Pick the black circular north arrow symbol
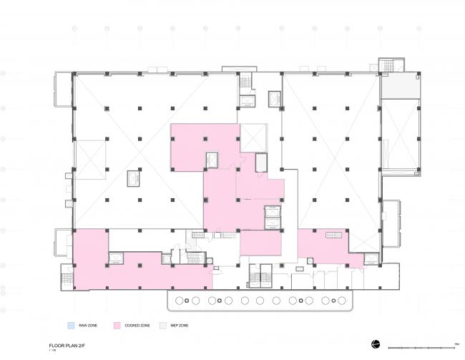point(375,344)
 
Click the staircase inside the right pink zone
point(334,235)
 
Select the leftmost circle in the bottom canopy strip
point(177,301)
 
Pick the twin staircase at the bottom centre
point(258,276)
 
